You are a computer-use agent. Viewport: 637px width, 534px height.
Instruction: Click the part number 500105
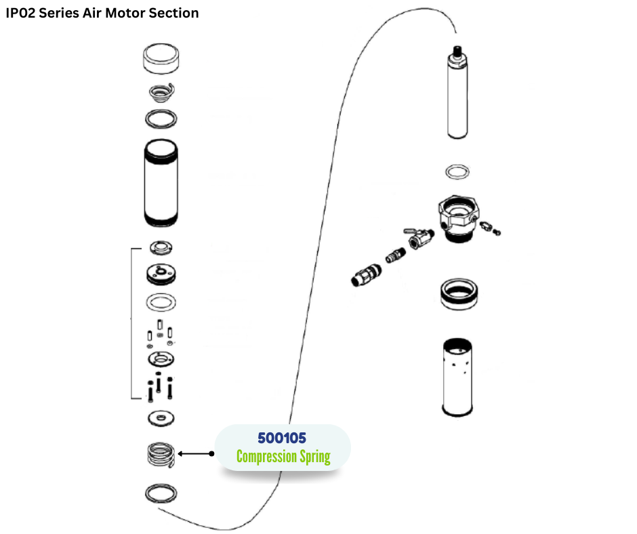pyautogui.click(x=282, y=438)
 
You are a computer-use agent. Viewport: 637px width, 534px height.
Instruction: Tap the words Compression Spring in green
pyautogui.click(x=283, y=457)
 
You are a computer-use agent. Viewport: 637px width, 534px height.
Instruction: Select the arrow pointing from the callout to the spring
pyautogui.click(x=196, y=453)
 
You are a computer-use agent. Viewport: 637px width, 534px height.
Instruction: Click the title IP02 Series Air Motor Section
pyautogui.click(x=102, y=13)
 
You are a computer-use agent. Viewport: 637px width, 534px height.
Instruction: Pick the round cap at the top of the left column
pyautogui.click(x=162, y=59)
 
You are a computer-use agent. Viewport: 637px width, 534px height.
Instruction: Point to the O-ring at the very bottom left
pyautogui.click(x=162, y=493)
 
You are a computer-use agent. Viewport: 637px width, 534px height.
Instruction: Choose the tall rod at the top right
pyautogui.click(x=459, y=95)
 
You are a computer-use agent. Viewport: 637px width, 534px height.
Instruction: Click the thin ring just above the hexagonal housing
pyautogui.click(x=458, y=171)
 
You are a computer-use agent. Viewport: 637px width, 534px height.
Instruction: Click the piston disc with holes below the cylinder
pyautogui.click(x=162, y=274)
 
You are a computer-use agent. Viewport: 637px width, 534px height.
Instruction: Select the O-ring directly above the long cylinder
pyautogui.click(x=162, y=119)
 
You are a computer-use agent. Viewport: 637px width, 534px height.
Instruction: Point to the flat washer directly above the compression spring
pyautogui.click(x=162, y=417)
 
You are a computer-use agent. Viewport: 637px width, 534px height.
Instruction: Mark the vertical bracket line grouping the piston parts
pyautogui.click(x=130, y=323)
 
